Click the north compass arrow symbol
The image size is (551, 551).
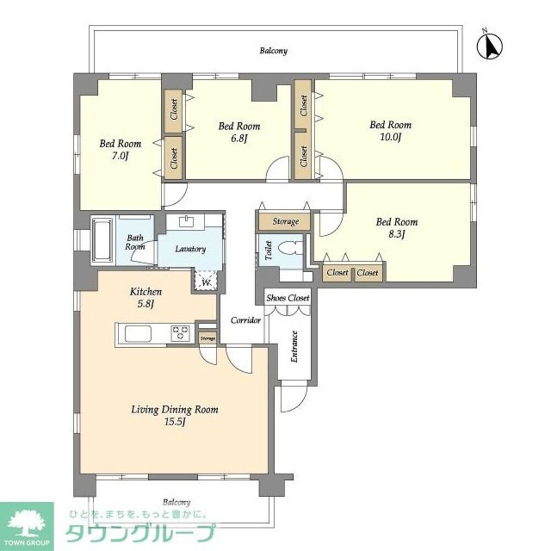point(491,46)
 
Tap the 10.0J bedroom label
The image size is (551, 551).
point(390,131)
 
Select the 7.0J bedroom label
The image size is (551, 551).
point(120,150)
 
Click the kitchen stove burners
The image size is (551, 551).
point(180,333)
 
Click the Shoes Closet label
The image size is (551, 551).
point(288,298)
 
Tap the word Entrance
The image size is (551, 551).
point(294,346)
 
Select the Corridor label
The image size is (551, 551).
point(245,320)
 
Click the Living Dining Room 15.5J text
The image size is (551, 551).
point(175,415)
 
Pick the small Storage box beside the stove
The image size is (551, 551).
point(207,338)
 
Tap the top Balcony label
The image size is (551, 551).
point(273,51)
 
